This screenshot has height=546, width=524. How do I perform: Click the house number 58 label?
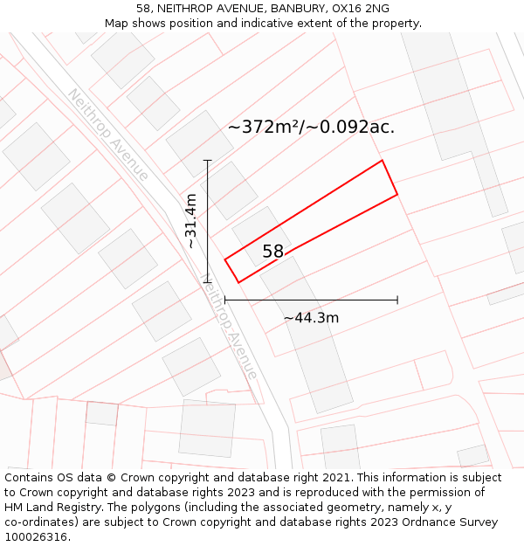[x=273, y=252]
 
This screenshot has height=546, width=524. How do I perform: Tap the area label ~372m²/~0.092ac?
[x=311, y=127]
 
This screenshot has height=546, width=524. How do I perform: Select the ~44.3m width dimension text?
[x=311, y=318]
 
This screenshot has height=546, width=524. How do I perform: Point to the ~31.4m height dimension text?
[x=190, y=221]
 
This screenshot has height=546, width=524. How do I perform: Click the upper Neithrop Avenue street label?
[x=108, y=135]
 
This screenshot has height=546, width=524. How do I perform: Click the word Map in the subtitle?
[x=116, y=24]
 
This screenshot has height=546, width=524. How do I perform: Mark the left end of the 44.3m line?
[x=225, y=300]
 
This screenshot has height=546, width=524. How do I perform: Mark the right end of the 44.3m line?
[x=397, y=300]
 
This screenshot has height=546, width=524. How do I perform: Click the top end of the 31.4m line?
[x=208, y=161]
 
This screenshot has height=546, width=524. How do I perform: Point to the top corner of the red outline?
[x=382, y=161]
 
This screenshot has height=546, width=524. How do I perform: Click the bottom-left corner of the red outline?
[x=238, y=282]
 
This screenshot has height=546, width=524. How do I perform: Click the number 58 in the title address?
[x=143, y=9]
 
